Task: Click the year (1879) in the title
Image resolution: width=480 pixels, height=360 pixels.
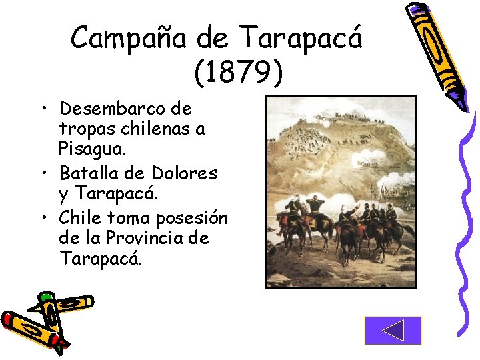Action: pyautogui.click(x=238, y=72)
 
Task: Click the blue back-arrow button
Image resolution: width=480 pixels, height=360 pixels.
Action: pyautogui.click(x=393, y=330)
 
